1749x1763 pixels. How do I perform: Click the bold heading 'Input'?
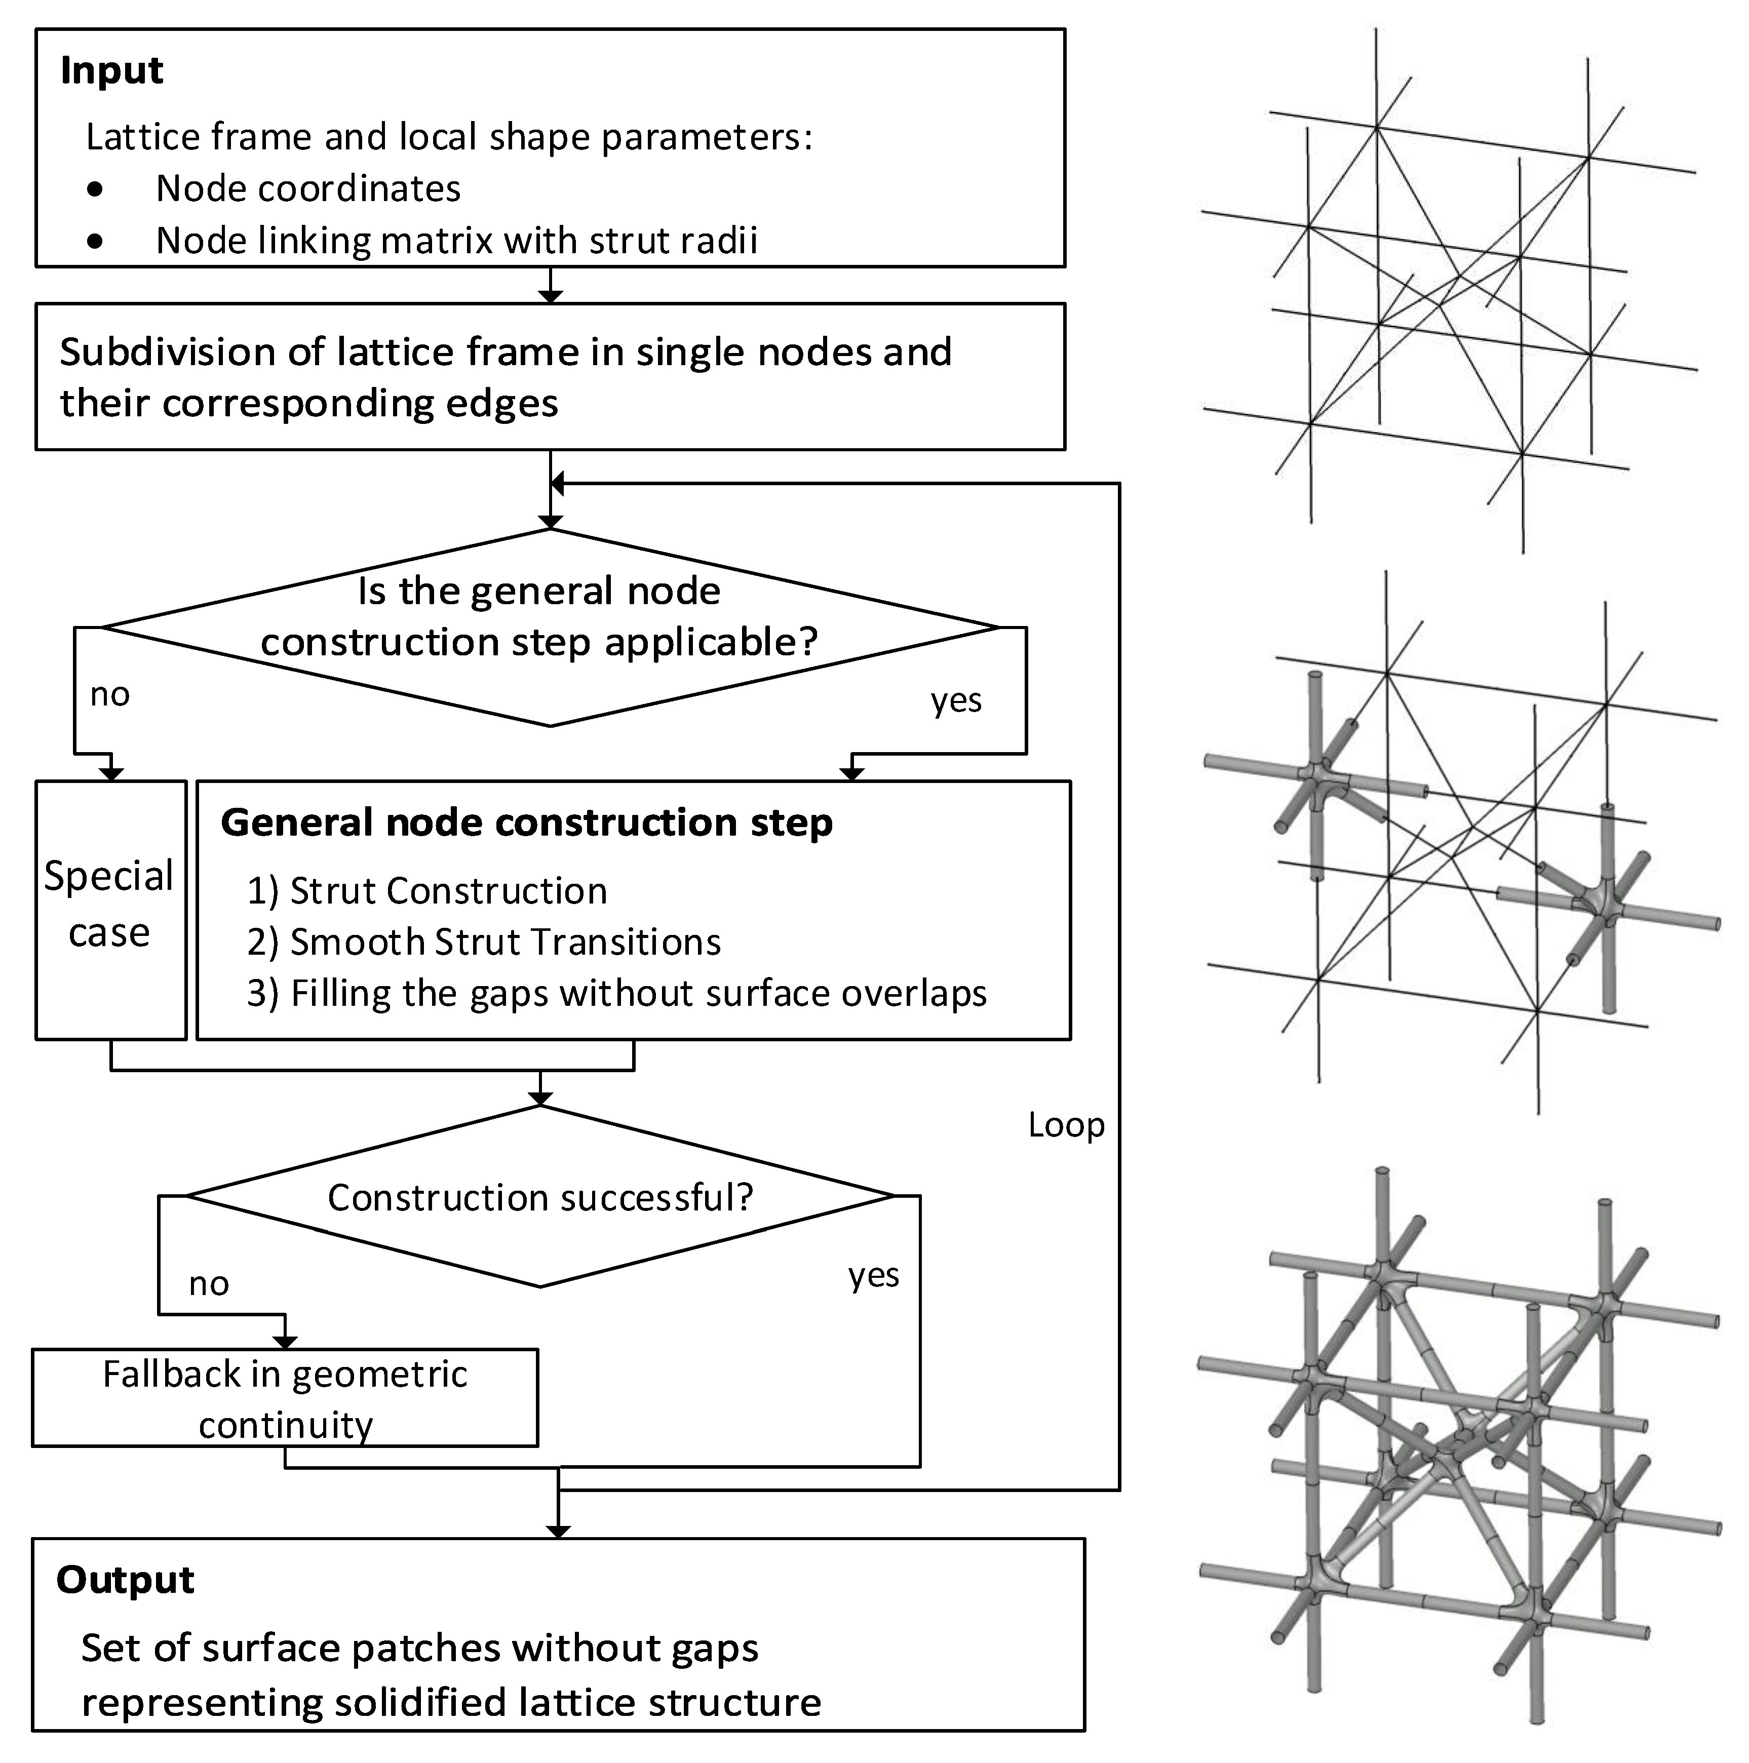coord(111,70)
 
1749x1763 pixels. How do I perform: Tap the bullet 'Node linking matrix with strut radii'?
coord(456,241)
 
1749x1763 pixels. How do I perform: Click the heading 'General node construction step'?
coord(527,822)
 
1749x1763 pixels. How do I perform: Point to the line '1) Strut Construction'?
coord(426,891)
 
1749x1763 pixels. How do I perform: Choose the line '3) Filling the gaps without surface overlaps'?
coord(616,993)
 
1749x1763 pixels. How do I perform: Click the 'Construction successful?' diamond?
coord(540,1197)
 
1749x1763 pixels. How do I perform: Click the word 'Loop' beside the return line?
coord(1065,1125)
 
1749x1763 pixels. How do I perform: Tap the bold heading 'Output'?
coord(125,1580)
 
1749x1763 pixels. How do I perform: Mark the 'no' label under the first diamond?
coord(109,694)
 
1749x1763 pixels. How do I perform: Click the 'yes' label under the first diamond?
coord(956,701)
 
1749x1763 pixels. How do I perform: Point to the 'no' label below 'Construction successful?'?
coord(208,1284)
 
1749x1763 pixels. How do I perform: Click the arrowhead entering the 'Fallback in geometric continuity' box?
coord(285,1343)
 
